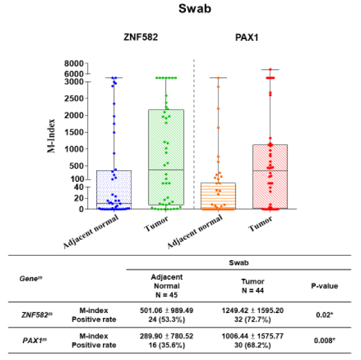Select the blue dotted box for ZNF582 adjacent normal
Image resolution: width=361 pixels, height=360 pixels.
[x=114, y=190]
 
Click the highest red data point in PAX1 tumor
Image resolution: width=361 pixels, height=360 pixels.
[x=270, y=70]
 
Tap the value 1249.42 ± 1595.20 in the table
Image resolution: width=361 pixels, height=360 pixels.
[x=253, y=309]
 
